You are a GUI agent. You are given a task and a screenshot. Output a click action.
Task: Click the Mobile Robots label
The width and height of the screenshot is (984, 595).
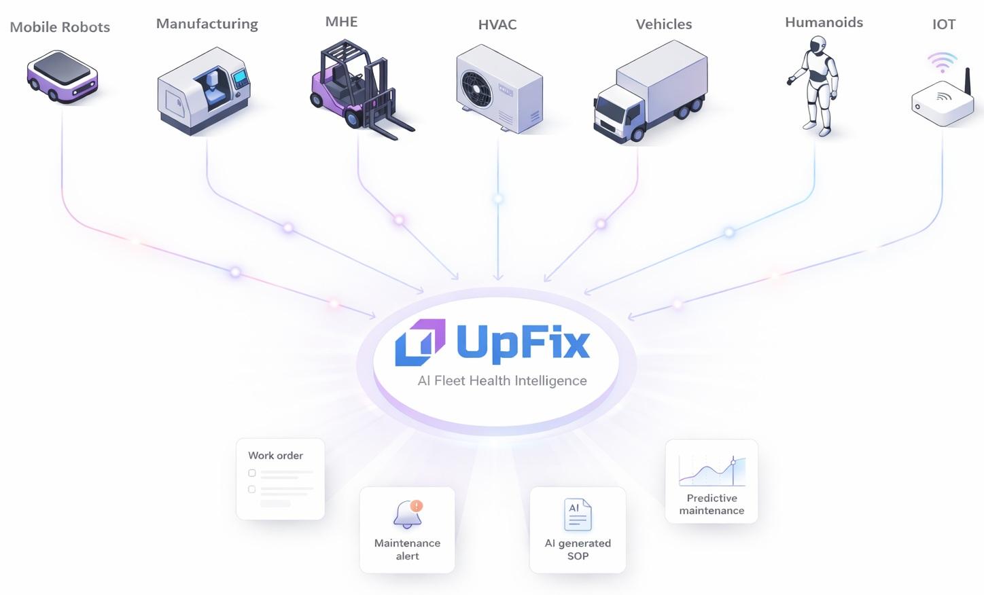60,27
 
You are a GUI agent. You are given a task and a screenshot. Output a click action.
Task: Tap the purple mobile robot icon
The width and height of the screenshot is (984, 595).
62,76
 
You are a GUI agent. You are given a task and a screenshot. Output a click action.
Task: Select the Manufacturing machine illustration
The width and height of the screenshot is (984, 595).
204,90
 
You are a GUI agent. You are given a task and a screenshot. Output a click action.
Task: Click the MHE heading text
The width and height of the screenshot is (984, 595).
341,22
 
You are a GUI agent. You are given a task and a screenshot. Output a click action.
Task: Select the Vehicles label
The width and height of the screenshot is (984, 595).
663,24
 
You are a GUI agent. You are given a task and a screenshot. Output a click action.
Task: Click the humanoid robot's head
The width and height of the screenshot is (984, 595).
818,46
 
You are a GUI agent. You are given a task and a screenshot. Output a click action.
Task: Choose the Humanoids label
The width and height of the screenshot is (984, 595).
824,22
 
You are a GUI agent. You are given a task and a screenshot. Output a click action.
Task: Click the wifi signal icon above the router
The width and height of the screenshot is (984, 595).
942,62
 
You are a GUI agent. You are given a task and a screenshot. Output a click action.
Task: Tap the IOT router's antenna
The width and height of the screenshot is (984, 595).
968,85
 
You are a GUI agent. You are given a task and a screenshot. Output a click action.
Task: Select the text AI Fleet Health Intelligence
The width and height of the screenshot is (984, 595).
502,381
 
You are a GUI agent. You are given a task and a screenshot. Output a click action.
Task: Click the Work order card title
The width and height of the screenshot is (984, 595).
275,456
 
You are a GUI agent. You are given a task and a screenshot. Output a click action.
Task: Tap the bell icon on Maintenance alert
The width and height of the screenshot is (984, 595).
408,515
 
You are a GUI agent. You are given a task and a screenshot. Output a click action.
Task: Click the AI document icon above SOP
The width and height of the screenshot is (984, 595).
578,515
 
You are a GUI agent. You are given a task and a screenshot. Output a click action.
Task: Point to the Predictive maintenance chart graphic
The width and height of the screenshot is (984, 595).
711,470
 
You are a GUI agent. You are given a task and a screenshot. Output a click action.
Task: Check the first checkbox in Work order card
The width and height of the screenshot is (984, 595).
252,473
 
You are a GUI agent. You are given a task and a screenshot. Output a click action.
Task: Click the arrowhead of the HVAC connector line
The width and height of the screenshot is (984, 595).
498,276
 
